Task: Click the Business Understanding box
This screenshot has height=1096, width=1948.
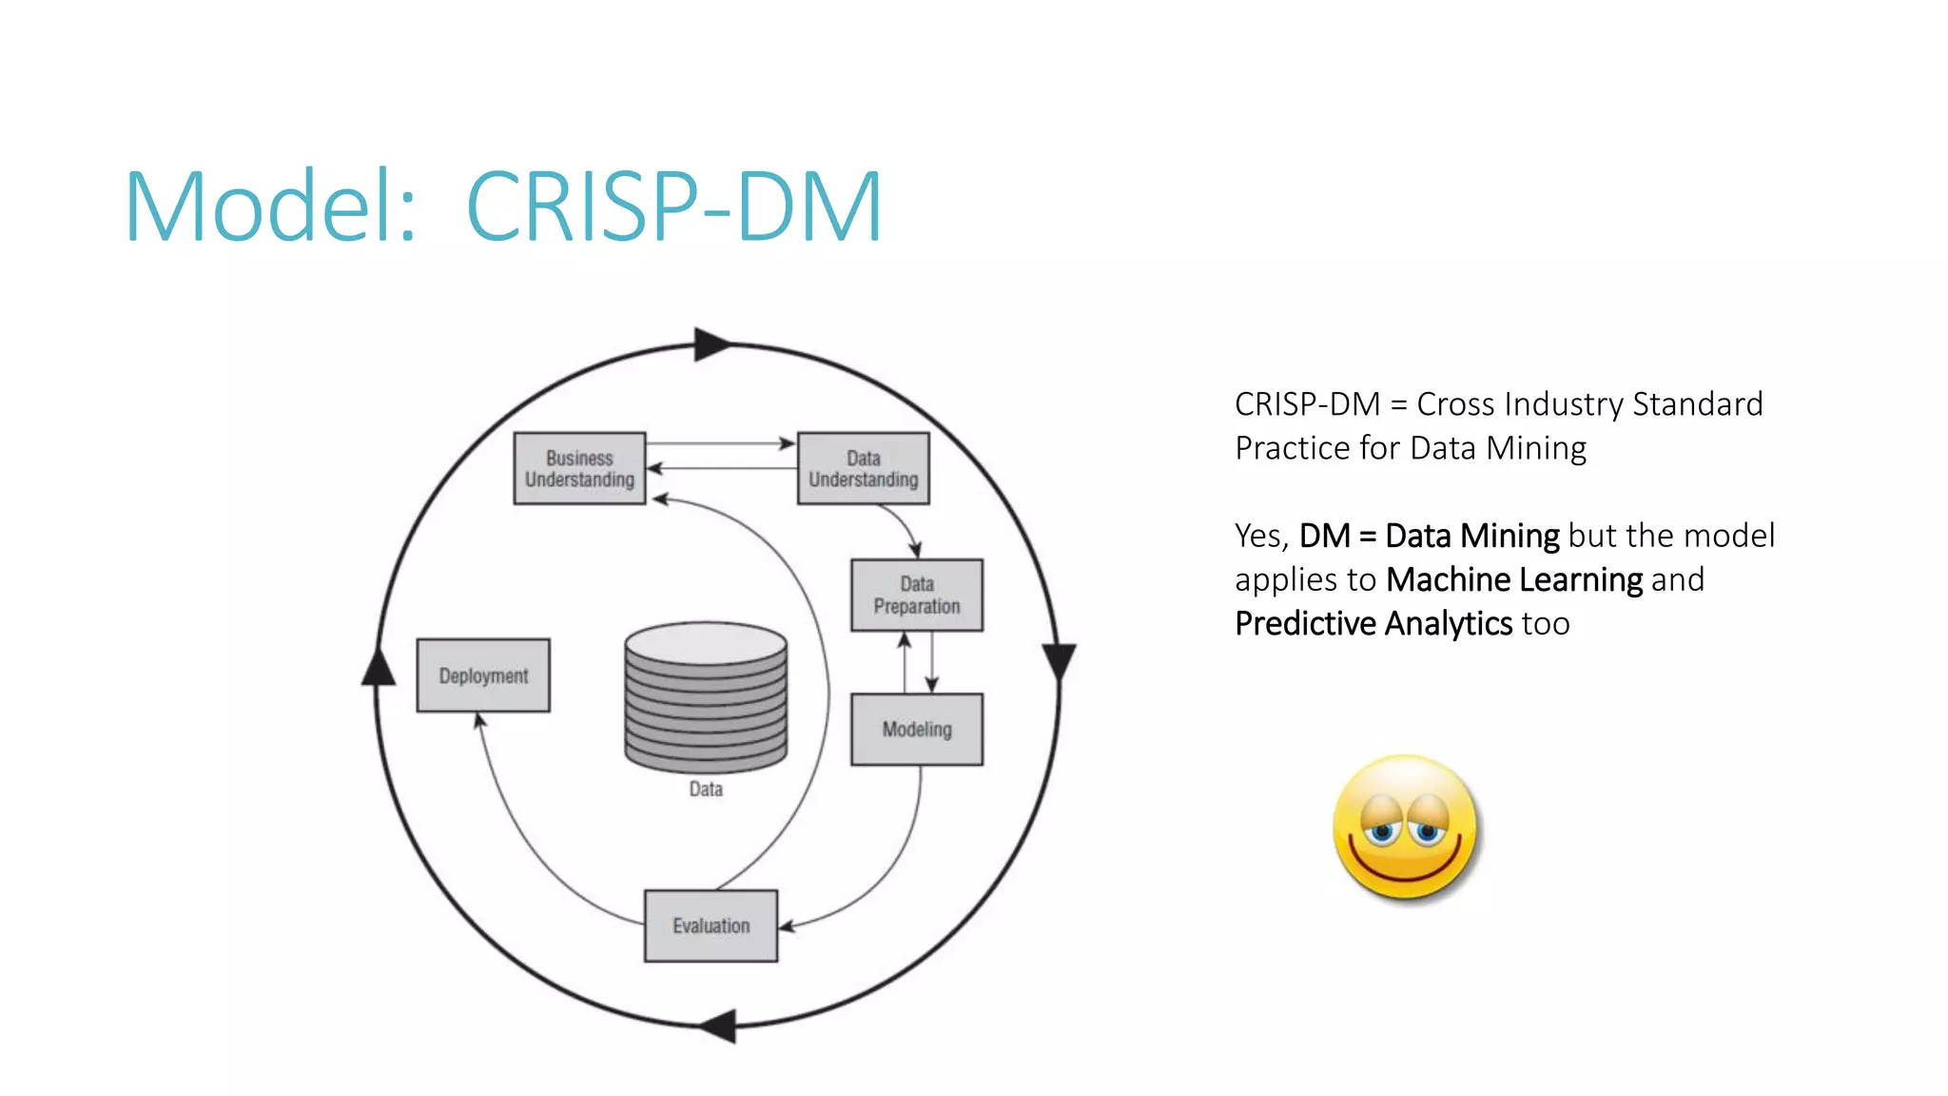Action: click(579, 468)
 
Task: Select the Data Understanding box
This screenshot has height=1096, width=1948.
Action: click(863, 468)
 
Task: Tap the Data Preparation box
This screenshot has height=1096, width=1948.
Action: click(917, 595)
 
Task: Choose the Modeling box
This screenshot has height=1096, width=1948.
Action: click(917, 730)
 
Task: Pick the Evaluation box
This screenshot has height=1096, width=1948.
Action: click(711, 926)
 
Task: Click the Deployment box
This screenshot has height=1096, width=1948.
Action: click(483, 675)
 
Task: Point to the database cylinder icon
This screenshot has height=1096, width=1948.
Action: click(706, 696)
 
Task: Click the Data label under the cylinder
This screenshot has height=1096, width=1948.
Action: click(706, 790)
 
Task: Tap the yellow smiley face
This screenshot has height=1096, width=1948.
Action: click(1405, 828)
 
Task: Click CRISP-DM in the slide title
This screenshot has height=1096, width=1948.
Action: click(674, 206)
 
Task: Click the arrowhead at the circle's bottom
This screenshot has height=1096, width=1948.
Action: click(719, 1027)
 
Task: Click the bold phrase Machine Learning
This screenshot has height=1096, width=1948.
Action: click(1514, 579)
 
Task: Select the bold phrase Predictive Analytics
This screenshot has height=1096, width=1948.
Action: click(1373, 624)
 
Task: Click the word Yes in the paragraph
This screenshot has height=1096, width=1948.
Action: click(1260, 536)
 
